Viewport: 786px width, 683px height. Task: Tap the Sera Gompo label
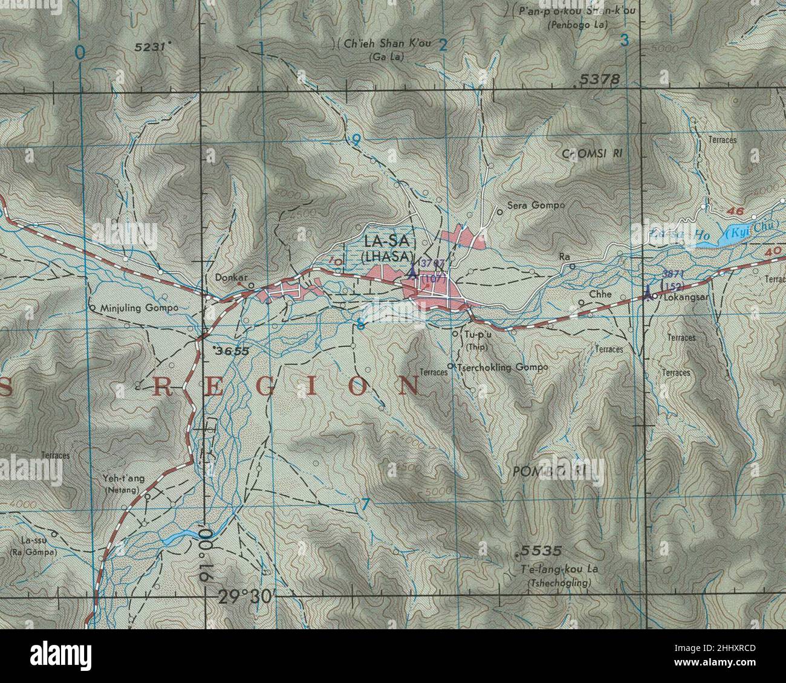click(x=536, y=206)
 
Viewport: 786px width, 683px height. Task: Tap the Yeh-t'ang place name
click(x=124, y=479)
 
